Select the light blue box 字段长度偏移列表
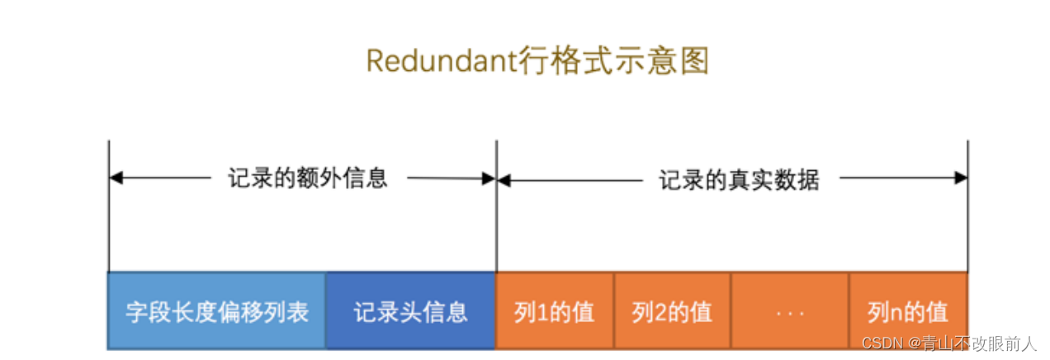[x=217, y=311]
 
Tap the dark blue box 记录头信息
[x=410, y=311]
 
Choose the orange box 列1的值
[x=555, y=311]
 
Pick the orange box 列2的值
[x=672, y=311]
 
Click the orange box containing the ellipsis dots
[x=790, y=311]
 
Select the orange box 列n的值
[x=908, y=311]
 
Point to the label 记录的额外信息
[x=308, y=178]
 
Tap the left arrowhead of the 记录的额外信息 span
[x=116, y=178]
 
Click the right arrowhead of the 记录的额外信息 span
[x=489, y=178]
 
